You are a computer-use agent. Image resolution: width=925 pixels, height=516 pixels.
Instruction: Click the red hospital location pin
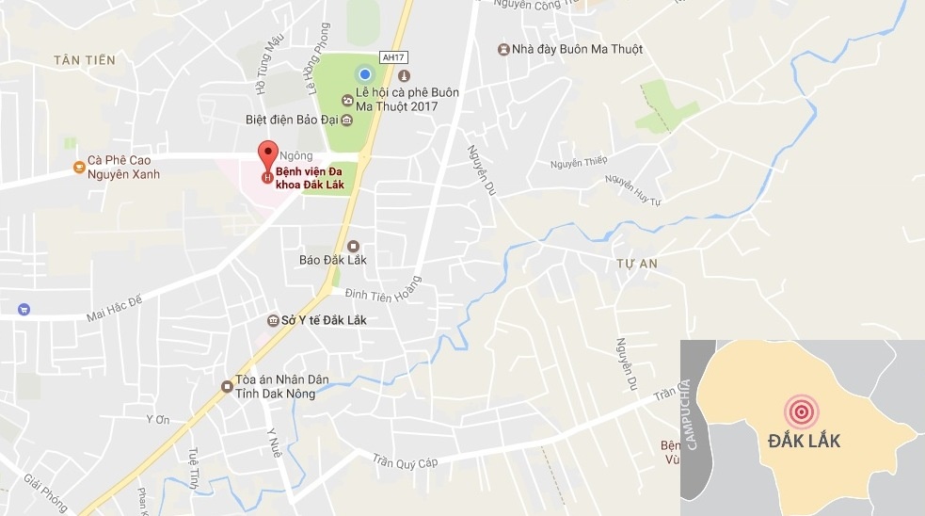click(268, 153)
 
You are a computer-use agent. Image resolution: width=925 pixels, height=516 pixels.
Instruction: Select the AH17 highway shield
click(393, 56)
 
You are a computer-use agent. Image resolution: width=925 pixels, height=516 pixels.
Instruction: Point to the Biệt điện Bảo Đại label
click(291, 121)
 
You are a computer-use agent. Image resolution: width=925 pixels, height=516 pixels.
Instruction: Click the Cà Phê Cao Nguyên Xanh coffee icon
click(79, 168)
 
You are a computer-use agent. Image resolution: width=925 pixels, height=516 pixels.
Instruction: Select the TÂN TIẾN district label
click(85, 60)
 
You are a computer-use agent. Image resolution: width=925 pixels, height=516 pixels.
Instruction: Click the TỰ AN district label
click(636, 264)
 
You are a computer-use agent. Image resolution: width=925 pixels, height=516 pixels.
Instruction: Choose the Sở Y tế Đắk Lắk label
click(324, 320)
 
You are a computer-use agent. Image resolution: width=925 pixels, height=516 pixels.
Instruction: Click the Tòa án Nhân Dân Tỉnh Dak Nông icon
click(227, 386)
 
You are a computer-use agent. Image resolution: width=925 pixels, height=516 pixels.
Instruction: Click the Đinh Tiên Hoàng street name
click(381, 294)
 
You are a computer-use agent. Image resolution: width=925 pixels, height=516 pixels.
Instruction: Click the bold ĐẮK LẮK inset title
click(803, 441)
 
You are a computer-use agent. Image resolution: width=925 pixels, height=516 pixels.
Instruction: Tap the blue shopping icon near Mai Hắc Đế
click(24, 309)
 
